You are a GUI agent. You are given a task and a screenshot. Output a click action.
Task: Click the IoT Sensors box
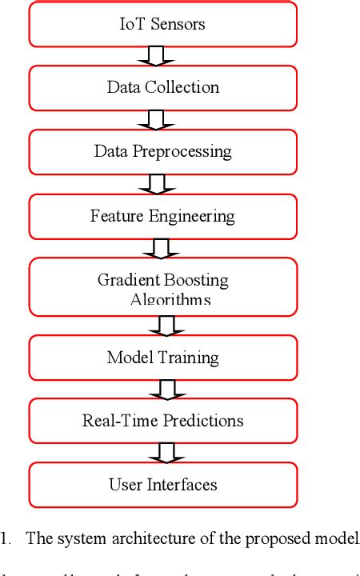163,24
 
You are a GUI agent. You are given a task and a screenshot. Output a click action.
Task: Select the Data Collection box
163,86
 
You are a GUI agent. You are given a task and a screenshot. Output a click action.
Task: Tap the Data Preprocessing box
163,151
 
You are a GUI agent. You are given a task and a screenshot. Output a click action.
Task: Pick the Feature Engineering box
163,216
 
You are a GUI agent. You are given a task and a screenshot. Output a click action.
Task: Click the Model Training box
163,357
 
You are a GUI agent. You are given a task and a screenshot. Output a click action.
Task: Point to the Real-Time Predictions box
163,420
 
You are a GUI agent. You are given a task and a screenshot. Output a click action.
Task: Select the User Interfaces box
163,484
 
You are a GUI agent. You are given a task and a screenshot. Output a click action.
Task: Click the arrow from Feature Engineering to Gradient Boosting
162,250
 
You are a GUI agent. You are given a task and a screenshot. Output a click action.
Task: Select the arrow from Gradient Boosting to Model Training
166,325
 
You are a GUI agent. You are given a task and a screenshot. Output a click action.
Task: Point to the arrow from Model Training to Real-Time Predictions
166,388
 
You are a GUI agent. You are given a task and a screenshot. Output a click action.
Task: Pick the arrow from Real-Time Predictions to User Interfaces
166,452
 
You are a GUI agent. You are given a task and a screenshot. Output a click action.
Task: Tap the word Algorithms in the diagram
170,300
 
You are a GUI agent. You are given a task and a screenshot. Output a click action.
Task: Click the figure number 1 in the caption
5,538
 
